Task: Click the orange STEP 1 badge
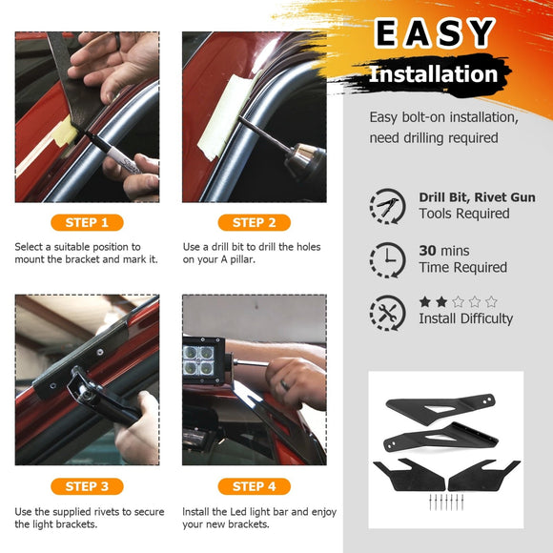87,222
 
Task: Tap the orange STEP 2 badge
255,222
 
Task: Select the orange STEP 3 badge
87,486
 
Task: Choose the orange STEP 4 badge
255,486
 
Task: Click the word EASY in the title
434,33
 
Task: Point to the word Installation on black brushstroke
433,74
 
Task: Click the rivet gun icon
387,206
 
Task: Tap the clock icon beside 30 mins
387,260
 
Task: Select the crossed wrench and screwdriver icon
387,313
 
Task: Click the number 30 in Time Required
427,251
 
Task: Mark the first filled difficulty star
425,302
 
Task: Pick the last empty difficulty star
491,302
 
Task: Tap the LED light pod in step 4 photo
203,360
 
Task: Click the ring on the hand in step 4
285,385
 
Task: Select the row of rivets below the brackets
446,502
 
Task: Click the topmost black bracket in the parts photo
440,406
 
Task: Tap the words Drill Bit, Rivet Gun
477,197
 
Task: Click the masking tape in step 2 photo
226,115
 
